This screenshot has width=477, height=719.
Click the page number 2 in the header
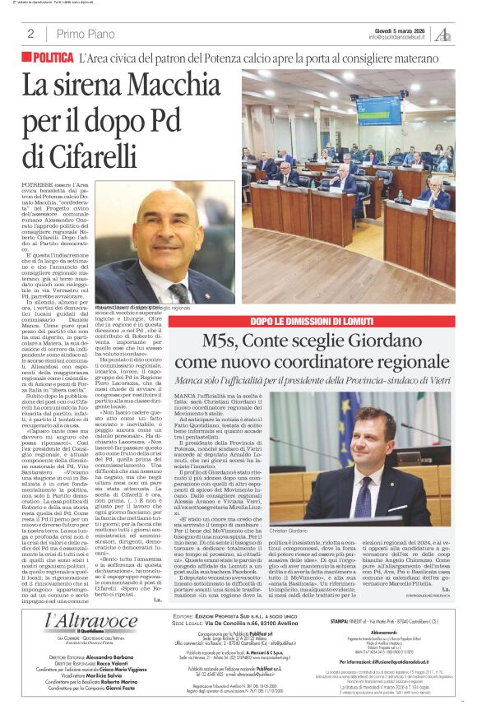pyautogui.click(x=30, y=34)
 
